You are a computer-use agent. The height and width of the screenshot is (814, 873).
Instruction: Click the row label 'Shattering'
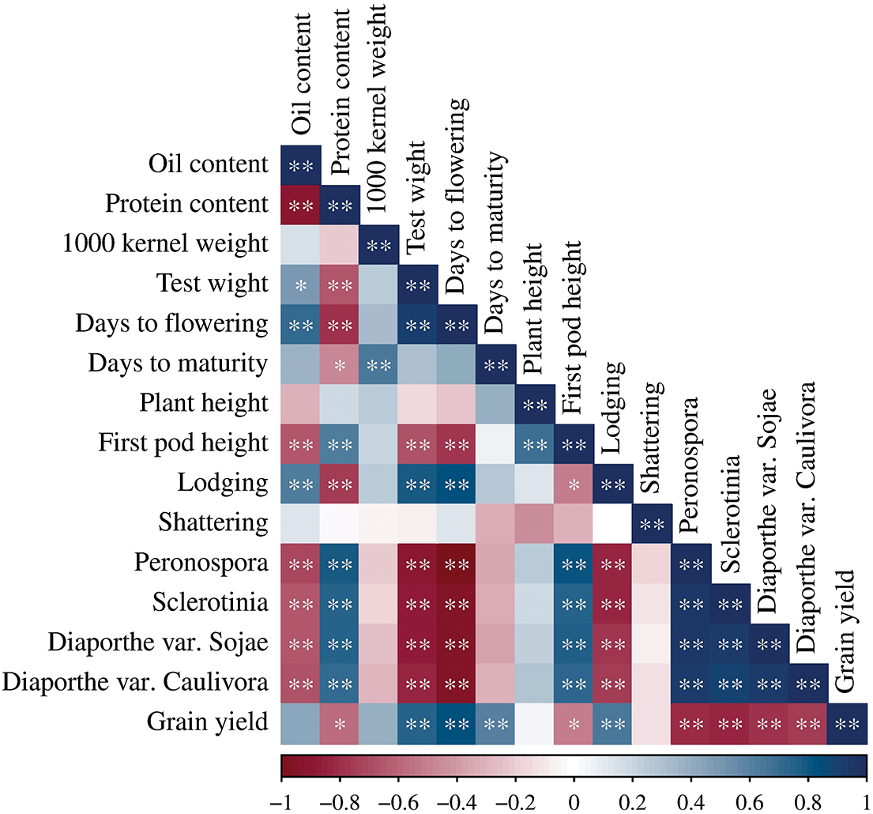pyautogui.click(x=213, y=523)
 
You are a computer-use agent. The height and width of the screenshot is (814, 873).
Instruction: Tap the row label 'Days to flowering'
pyautogui.click(x=172, y=324)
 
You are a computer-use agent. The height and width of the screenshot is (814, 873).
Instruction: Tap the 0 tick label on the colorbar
pyautogui.click(x=574, y=802)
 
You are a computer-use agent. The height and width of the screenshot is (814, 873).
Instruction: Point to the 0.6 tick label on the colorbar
pyautogui.click(x=750, y=802)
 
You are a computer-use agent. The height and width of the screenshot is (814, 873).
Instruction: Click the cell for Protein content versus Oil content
pyautogui.click(x=301, y=205)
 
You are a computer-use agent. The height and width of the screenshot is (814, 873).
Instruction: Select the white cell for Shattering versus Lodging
pyautogui.click(x=613, y=523)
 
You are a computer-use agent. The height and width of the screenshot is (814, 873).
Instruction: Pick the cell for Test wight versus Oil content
pyautogui.click(x=301, y=285)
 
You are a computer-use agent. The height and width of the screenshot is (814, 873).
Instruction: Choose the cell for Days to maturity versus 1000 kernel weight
pyautogui.click(x=379, y=364)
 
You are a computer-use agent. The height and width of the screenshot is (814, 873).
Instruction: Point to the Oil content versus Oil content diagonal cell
pyautogui.click(x=301, y=165)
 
